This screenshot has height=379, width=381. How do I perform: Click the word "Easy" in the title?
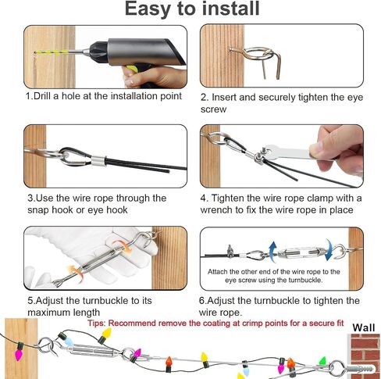[148, 9]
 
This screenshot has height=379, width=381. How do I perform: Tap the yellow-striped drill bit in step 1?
[59, 52]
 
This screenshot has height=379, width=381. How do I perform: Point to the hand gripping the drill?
[154, 77]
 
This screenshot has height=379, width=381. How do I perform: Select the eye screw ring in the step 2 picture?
[259, 53]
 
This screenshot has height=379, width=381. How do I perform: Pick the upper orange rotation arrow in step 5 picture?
[123, 245]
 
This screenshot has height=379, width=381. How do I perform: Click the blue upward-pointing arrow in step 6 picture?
[272, 252]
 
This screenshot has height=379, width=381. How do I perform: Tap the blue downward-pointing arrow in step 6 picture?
[329, 249]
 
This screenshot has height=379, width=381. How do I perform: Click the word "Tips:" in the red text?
[96, 324]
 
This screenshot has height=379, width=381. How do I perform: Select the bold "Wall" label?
[364, 327]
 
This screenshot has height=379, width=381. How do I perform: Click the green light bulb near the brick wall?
[322, 361]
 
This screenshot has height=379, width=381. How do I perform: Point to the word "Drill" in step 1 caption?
[43, 96]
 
